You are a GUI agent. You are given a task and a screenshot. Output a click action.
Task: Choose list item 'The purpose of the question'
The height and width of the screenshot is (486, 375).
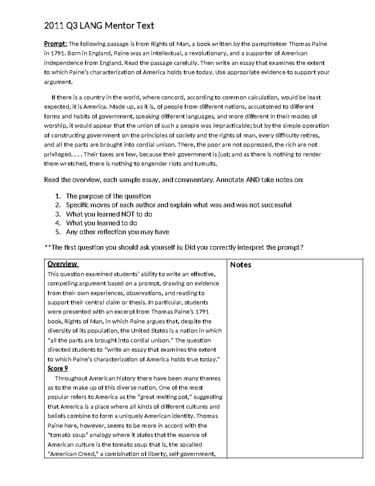coord(108,196)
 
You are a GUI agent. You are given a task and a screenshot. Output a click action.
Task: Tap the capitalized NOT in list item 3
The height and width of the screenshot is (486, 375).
coord(128,214)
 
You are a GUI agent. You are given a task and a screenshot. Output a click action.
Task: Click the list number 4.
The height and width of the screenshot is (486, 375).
coord(57,223)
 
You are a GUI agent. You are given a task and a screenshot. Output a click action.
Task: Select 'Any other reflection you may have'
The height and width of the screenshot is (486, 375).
coord(117,232)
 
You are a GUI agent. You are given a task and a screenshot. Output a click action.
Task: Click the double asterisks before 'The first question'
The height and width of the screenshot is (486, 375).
coord(47,248)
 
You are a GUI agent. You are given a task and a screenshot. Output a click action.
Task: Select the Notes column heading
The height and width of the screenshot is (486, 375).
coord(241,265)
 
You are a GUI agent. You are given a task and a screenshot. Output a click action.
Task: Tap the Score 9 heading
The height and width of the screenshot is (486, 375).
coord(58,369)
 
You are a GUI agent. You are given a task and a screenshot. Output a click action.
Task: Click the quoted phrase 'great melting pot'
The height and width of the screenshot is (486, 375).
coord(166,397)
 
